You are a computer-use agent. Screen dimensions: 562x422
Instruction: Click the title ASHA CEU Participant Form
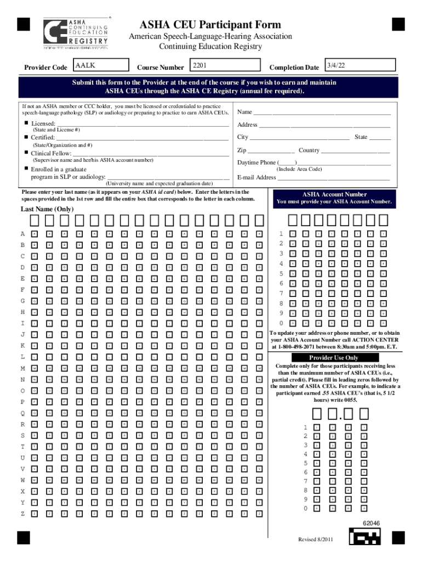coord(210,25)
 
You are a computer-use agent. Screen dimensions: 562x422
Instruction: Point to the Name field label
coord(244,112)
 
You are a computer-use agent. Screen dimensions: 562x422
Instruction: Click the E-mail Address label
coord(256,177)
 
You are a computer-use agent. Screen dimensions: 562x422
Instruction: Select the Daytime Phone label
coord(256,162)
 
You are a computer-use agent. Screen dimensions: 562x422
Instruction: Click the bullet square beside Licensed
coord(25,123)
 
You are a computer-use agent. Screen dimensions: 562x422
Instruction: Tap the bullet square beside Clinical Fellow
coord(25,153)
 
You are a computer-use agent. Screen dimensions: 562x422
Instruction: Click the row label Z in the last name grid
coord(23,514)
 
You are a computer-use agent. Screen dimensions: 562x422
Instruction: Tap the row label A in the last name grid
coord(23,234)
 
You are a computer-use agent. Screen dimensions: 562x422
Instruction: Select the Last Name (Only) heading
coord(47,209)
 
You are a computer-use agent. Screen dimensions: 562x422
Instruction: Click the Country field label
coord(309,150)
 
